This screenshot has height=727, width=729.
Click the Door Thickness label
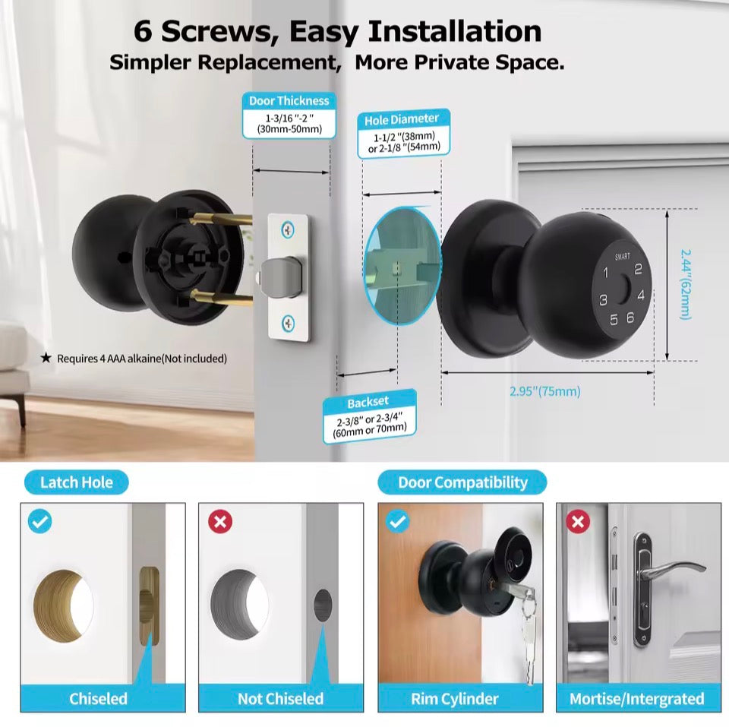coord(289,101)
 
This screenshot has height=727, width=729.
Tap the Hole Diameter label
coord(402,119)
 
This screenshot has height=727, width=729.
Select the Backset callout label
coord(368,403)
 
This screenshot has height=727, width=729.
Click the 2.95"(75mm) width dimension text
coord(545,391)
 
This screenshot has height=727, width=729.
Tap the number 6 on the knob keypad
coord(630,318)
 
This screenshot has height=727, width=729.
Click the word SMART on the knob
coord(623,258)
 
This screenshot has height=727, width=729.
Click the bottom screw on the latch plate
coord(289,324)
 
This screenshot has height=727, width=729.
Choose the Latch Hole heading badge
coord(76,482)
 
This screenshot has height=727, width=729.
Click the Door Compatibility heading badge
coord(462,482)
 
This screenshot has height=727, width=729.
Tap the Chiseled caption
coord(99,698)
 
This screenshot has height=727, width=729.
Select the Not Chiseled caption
coord(280,698)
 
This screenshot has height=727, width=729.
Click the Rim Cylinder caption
coord(460,698)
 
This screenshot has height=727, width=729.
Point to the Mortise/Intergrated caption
coord(637,698)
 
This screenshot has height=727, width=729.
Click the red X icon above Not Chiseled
coord(220,522)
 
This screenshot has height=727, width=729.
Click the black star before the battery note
coord(46,358)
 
